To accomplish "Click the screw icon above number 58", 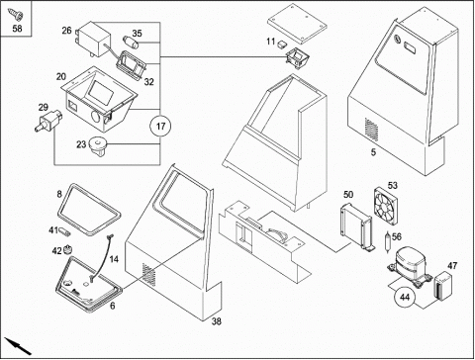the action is tap(16, 14).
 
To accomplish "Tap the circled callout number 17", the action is tap(160, 127).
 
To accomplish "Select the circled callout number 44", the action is tap(405, 297).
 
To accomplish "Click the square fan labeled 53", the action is tap(386, 207).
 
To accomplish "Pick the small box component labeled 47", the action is tap(443, 286).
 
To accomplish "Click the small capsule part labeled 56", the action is tap(388, 241).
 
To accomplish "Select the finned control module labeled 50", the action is tap(356, 226).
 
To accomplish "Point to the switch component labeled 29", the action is tap(48, 121).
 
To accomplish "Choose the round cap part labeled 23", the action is tap(98, 146).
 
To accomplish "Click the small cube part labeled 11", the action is tap(282, 44).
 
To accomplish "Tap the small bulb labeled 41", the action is tap(65, 231).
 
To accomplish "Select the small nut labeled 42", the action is tap(68, 249).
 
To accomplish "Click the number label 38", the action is tap(216, 321).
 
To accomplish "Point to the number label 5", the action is tap(373, 152).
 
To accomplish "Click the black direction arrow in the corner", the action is tap(18, 346).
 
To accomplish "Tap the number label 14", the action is tap(114, 259).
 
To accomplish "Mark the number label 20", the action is tap(61, 77).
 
